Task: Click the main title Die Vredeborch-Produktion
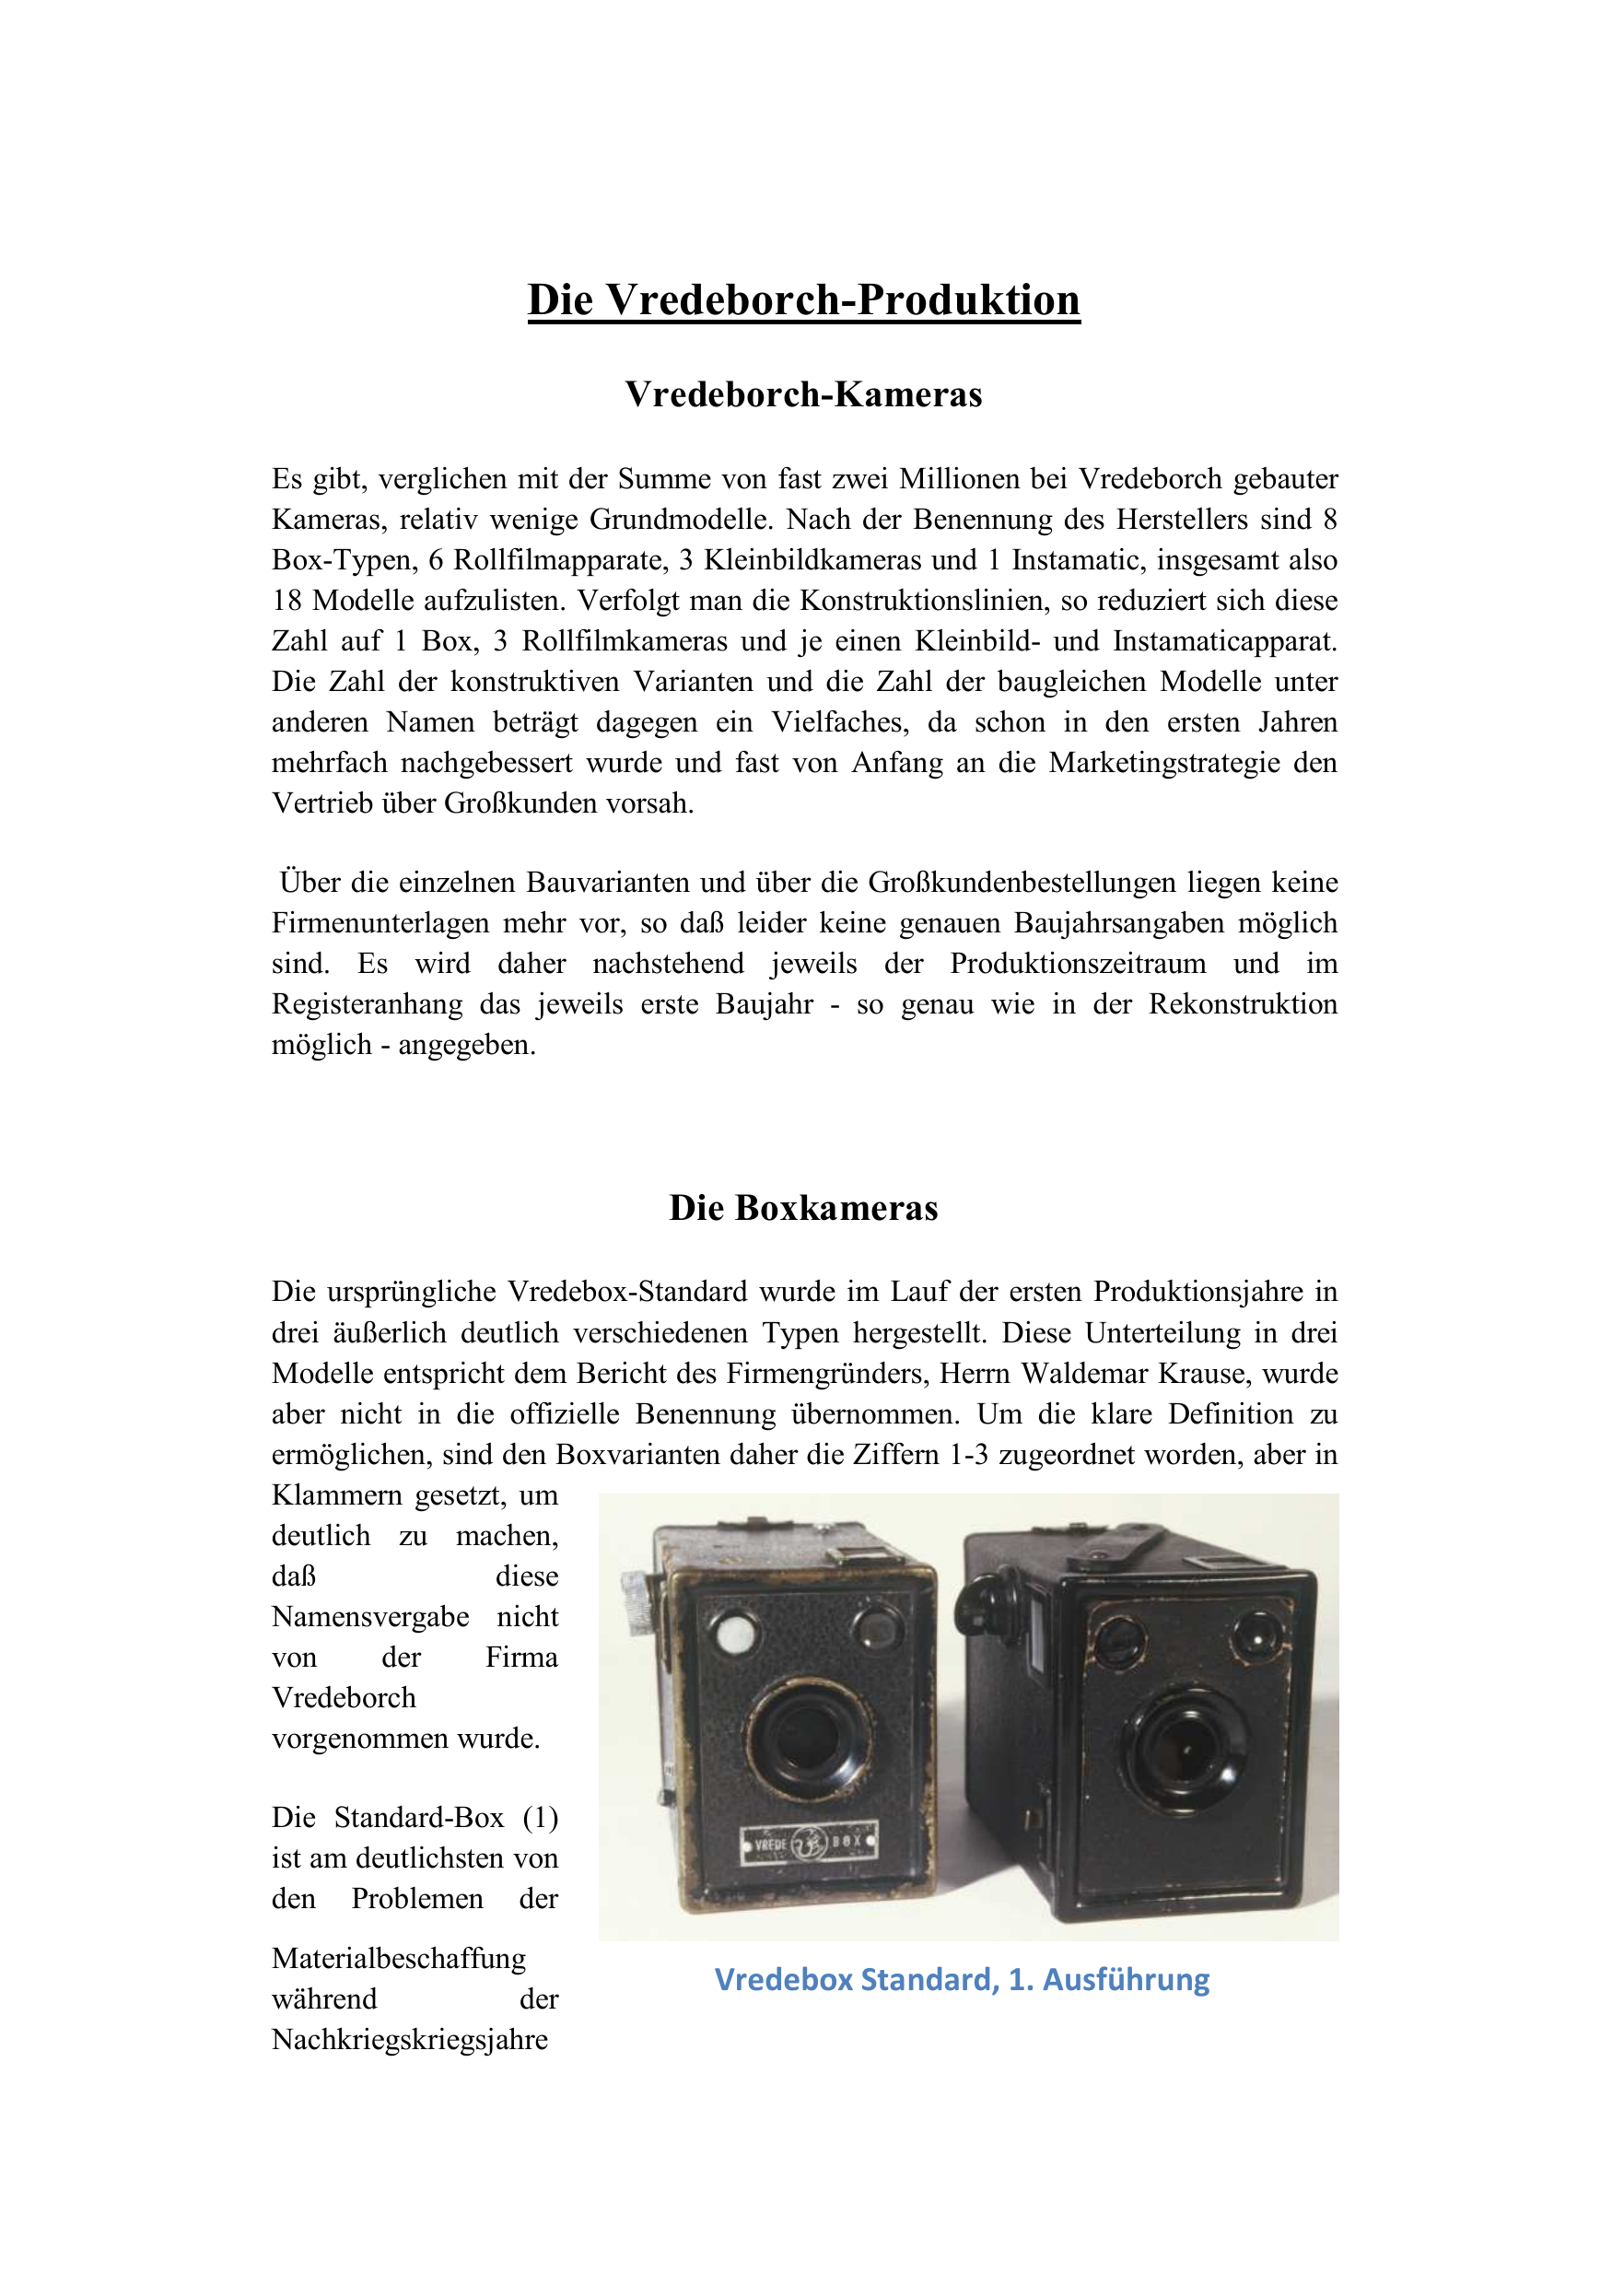(803, 299)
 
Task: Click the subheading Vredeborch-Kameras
(803, 394)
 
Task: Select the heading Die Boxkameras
(803, 1207)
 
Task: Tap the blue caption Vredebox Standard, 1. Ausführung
(962, 1979)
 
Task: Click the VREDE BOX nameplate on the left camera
(809, 1843)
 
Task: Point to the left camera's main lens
(808, 1737)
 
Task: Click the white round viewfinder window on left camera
(735, 1632)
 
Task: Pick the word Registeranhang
(368, 1004)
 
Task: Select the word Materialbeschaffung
(398, 1959)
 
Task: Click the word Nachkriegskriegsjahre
(409, 2039)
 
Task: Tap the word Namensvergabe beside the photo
(370, 1616)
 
